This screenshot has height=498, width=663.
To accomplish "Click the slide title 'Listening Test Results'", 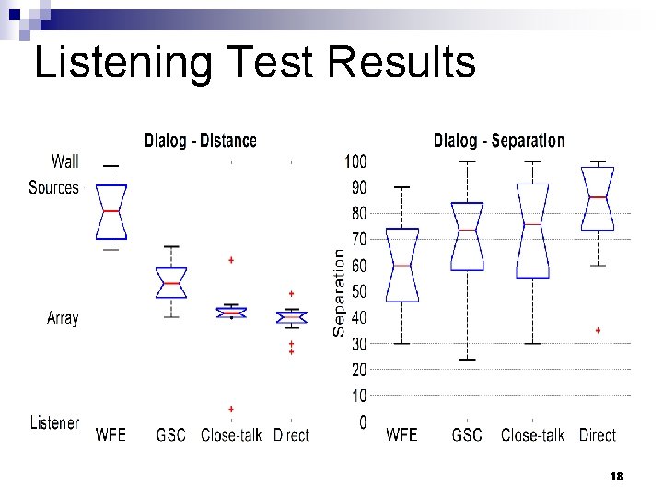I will tap(254, 63).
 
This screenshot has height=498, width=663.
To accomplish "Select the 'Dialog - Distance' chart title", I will tap(200, 141).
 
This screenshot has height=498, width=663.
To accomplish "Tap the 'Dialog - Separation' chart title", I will tap(498, 141).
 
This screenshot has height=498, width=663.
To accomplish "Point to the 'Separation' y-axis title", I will tap(339, 291).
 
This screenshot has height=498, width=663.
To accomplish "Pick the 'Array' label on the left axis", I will tap(63, 318).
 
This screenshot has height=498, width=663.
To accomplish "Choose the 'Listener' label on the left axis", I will tap(54, 422).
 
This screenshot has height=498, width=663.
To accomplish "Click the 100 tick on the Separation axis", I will tap(355, 161).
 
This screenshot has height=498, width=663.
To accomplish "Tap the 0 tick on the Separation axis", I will tap(363, 422).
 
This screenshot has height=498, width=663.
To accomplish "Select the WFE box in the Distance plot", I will tap(111, 212).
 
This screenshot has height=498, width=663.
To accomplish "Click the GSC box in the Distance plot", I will tap(171, 282).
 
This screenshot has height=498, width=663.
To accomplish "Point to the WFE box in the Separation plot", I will tap(401, 265).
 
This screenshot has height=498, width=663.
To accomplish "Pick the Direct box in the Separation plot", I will tap(599, 198).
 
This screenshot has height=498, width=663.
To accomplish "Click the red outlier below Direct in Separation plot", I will tap(599, 330).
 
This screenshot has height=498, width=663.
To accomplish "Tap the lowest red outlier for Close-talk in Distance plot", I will tap(231, 409).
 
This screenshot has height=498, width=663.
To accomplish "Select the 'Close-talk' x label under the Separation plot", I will tap(532, 434).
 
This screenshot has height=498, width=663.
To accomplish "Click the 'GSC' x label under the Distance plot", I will tap(171, 434).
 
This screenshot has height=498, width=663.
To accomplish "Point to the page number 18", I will tap(617, 477).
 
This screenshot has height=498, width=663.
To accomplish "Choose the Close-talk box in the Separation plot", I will tap(532, 231).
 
